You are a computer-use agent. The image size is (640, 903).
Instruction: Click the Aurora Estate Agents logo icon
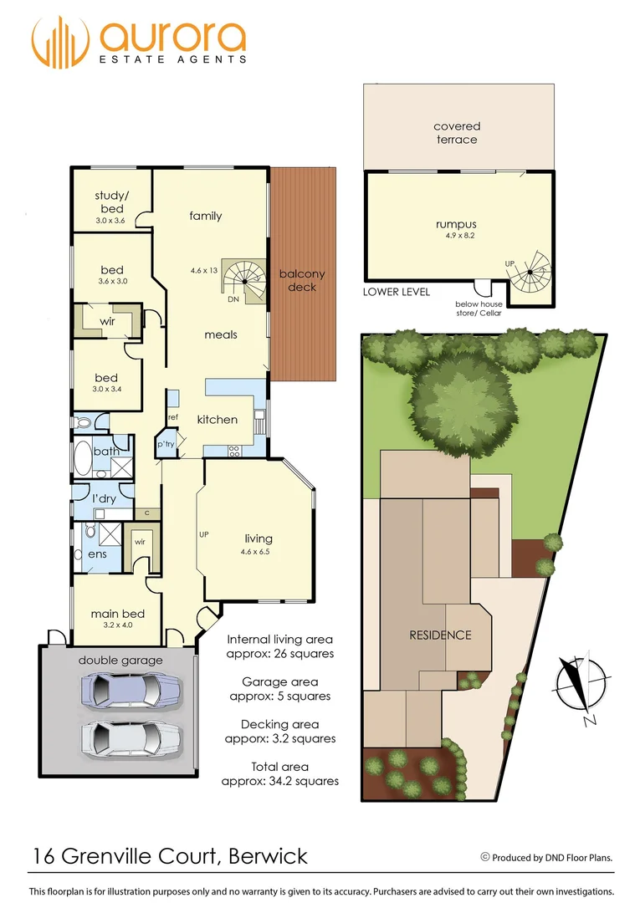[x=61, y=42]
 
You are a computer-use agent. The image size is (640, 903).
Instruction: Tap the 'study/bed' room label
[x=110, y=202]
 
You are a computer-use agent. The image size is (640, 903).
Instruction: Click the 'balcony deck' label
[x=302, y=280]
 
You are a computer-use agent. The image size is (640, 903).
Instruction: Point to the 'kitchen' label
[x=218, y=419]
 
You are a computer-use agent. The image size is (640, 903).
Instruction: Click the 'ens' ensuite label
[x=97, y=554]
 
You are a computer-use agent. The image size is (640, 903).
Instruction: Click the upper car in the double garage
[x=131, y=691]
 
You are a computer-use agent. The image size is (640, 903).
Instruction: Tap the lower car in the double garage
[x=131, y=738]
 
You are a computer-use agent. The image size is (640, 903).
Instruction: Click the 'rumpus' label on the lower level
[x=456, y=224]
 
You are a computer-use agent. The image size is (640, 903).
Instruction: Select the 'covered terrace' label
[x=457, y=133]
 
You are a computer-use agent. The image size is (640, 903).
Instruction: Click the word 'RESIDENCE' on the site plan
[x=440, y=635]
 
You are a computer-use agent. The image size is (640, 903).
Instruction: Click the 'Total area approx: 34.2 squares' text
[x=279, y=773]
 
